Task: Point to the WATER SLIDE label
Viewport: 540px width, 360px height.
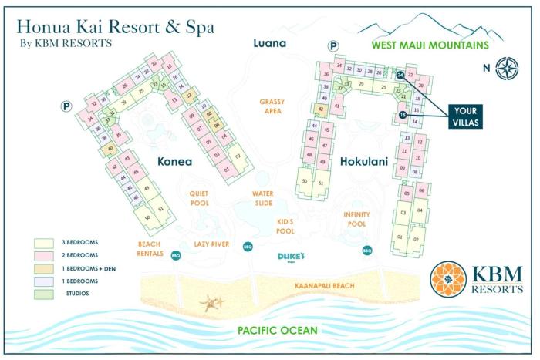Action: (264, 199)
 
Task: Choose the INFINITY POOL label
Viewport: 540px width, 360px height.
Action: (356, 219)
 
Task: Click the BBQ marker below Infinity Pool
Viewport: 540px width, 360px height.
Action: (366, 250)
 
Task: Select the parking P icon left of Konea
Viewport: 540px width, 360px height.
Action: (66, 106)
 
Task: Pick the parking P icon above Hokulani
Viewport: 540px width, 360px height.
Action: (333, 47)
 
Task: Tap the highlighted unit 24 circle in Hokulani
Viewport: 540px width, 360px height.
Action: (400, 76)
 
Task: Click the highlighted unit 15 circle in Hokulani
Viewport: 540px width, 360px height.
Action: (403, 115)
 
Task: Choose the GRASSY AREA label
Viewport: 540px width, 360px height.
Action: (272, 106)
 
